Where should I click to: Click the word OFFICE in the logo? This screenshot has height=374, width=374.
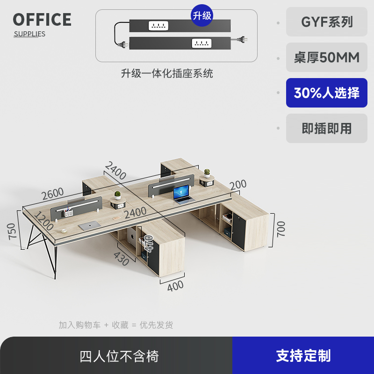tap(42, 20)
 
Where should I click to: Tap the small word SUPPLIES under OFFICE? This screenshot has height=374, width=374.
tap(29, 34)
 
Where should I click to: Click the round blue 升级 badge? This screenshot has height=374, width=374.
tap(202, 15)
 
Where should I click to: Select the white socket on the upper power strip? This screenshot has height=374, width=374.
tap(158, 26)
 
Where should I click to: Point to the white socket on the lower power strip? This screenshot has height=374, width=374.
tap(201, 43)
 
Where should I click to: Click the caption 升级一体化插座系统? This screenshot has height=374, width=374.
tap(167, 73)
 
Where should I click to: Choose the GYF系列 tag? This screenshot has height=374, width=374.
tap(327, 22)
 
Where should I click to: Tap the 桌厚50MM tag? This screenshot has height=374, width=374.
tap(327, 58)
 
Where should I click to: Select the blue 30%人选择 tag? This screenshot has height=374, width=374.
tap(327, 93)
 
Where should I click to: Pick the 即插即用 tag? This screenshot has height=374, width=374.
tap(327, 129)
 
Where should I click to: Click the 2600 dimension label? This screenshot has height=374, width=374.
tap(52, 193)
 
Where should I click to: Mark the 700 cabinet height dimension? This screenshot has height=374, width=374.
tap(281, 229)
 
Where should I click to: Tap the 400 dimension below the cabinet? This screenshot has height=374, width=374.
tap(175, 286)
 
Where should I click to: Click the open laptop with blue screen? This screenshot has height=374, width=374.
tap(182, 194)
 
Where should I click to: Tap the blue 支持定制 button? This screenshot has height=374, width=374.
tap(303, 356)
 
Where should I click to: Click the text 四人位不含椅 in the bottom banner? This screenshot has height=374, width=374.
tap(119, 356)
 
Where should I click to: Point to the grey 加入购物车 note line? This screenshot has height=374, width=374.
tap(116, 325)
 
